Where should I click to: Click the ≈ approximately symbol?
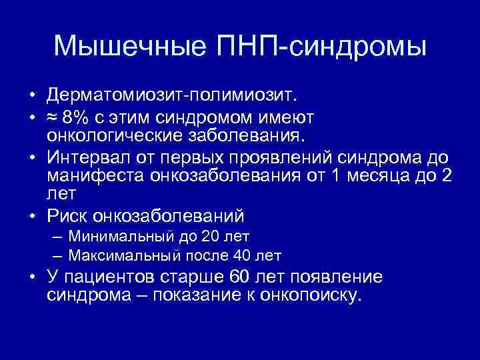(x=53, y=118)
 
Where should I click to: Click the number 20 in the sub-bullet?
(x=211, y=235)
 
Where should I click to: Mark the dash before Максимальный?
(x=57, y=255)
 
